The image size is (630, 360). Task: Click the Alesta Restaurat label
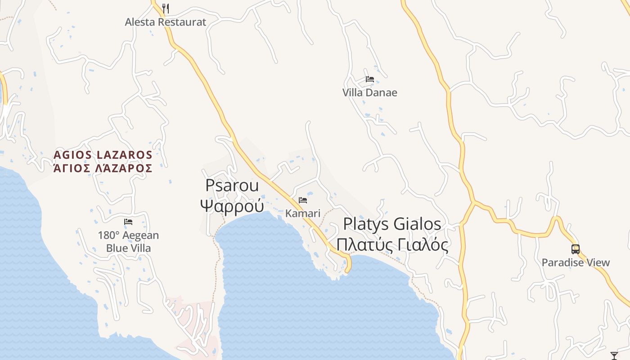point(165,22)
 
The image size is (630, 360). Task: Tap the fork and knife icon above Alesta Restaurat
point(166,8)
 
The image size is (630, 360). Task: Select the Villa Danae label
point(369,93)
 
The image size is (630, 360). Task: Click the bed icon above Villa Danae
point(370,79)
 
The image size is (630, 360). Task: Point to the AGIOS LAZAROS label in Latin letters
point(103,155)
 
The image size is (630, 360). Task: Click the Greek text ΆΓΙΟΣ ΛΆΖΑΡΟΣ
point(103,169)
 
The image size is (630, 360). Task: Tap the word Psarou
point(232,185)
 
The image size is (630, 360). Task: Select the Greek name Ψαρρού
point(232,206)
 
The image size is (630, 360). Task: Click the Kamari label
point(303,213)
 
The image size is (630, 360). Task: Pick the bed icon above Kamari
point(303,200)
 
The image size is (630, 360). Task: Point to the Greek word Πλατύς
point(364,245)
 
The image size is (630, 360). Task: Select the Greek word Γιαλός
point(421,245)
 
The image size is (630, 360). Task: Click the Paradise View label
point(576,263)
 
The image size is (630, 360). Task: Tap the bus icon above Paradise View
point(575,249)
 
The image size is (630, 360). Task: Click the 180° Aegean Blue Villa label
point(128,242)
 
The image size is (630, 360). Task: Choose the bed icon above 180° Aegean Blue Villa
point(128,222)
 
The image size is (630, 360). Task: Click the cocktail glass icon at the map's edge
point(614,355)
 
